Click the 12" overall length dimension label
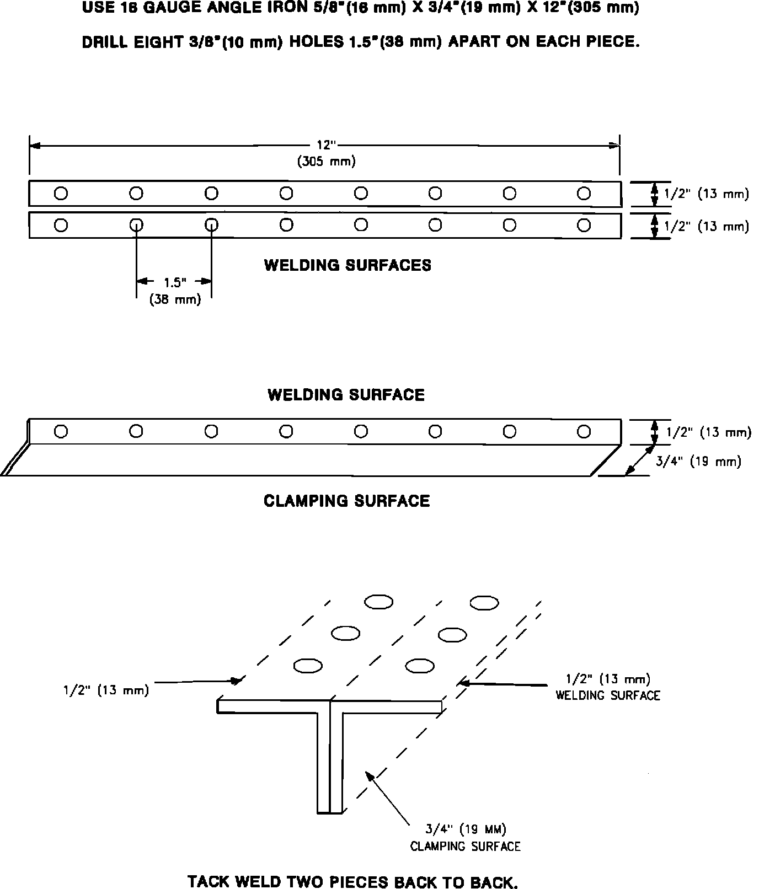pyautogui.click(x=326, y=145)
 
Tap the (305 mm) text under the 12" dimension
pyautogui.click(x=327, y=162)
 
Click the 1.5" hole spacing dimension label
pyautogui.click(x=175, y=282)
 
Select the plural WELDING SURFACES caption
pyautogui.click(x=348, y=265)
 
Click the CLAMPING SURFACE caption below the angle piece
pyautogui.click(x=346, y=501)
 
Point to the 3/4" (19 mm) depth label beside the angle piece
pyautogui.click(x=698, y=462)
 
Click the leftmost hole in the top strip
pyautogui.click(x=61, y=194)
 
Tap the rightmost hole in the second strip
pyautogui.click(x=584, y=225)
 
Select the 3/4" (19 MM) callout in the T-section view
pyautogui.click(x=466, y=828)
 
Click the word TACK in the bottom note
pyautogui.click(x=210, y=881)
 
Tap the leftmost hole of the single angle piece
pyautogui.click(x=61, y=431)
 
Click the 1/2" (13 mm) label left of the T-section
pyautogui.click(x=105, y=690)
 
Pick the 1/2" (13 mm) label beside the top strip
pyautogui.click(x=706, y=194)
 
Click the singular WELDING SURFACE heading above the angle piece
pyautogui.click(x=346, y=395)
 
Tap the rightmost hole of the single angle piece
pyautogui.click(x=584, y=431)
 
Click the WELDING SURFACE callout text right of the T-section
pyautogui.click(x=607, y=695)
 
